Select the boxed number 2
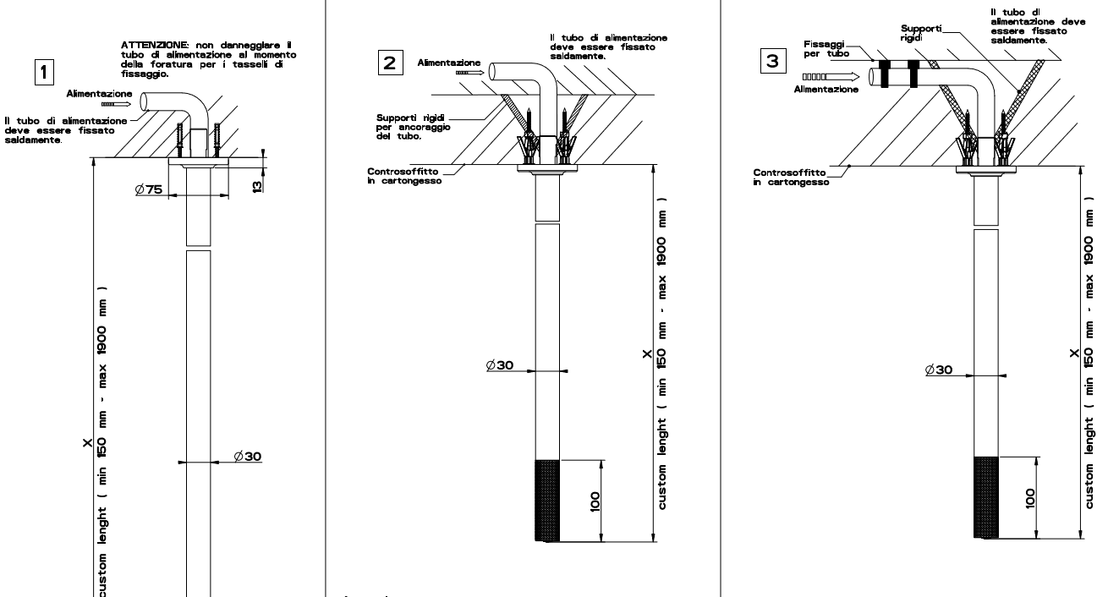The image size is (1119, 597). coord(389,63)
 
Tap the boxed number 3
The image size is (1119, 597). coord(771,63)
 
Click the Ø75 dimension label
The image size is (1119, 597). coord(148,189)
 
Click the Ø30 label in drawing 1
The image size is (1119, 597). coord(249,456)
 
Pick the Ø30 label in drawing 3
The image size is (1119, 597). coord(939,370)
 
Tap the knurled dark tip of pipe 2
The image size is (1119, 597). coord(548,501)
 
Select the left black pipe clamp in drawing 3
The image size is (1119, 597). coord(883,74)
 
